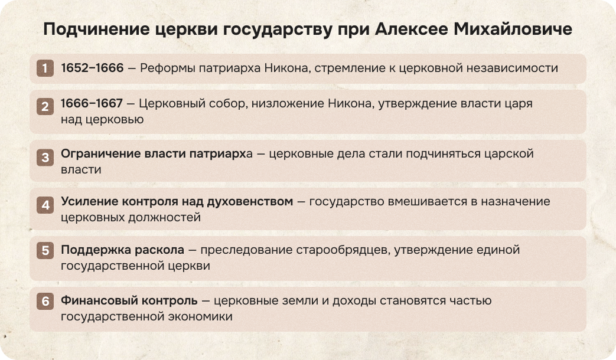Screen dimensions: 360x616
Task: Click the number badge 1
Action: tap(44, 68)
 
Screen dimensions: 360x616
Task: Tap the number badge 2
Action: tap(44, 107)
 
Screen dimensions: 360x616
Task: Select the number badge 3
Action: tap(44, 158)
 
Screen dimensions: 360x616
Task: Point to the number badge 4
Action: tap(44, 206)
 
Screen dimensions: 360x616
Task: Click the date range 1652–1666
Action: tap(92, 68)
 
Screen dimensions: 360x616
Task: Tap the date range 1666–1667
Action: tap(92, 103)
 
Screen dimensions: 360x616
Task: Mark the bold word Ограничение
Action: tap(100, 153)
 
